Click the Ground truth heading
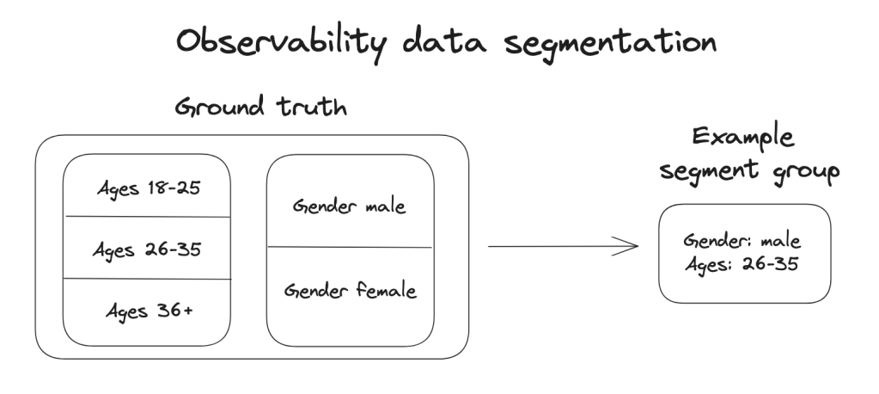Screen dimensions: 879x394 tap(260, 106)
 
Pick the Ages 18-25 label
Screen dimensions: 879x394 tap(149, 188)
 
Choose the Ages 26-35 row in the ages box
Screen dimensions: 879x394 tap(147, 250)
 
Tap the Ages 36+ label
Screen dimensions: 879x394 tap(150, 311)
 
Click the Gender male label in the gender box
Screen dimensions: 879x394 tap(349, 206)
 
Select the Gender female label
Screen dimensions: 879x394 tap(351, 290)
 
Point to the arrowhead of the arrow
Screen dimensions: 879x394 tap(638, 246)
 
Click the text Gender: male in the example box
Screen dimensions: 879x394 tap(742, 242)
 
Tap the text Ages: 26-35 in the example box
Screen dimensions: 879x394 tap(742, 264)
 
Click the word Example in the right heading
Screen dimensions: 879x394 tap(743, 138)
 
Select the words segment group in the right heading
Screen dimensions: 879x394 tap(749, 170)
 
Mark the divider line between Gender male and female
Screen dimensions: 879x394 tap(350, 247)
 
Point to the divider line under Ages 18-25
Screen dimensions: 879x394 tap(148, 217)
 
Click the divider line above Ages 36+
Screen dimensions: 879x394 tap(147, 279)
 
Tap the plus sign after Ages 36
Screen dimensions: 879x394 tap(188, 311)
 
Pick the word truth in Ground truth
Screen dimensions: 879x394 tap(312, 106)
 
